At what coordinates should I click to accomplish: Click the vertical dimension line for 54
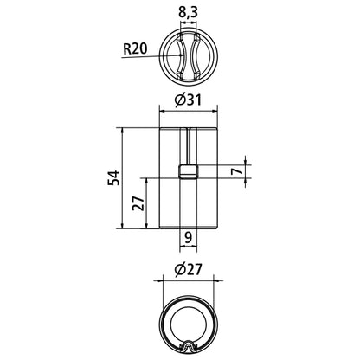point(123,178)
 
